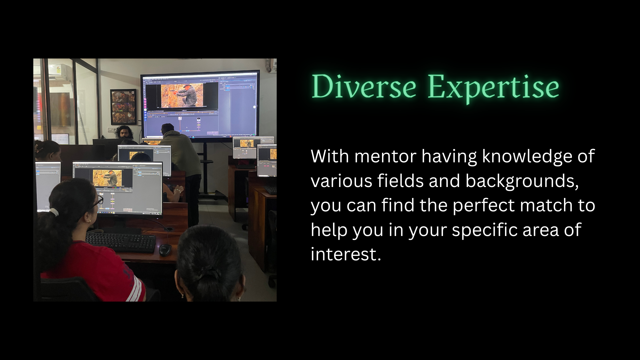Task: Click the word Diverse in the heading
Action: click(x=364, y=86)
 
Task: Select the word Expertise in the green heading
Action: click(x=493, y=88)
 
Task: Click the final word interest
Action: click(x=346, y=254)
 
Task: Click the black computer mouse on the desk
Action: click(x=165, y=250)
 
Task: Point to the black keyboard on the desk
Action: click(x=121, y=242)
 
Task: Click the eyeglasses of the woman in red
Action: click(x=97, y=201)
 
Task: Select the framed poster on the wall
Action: click(x=123, y=107)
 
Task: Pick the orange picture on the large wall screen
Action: click(x=182, y=96)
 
